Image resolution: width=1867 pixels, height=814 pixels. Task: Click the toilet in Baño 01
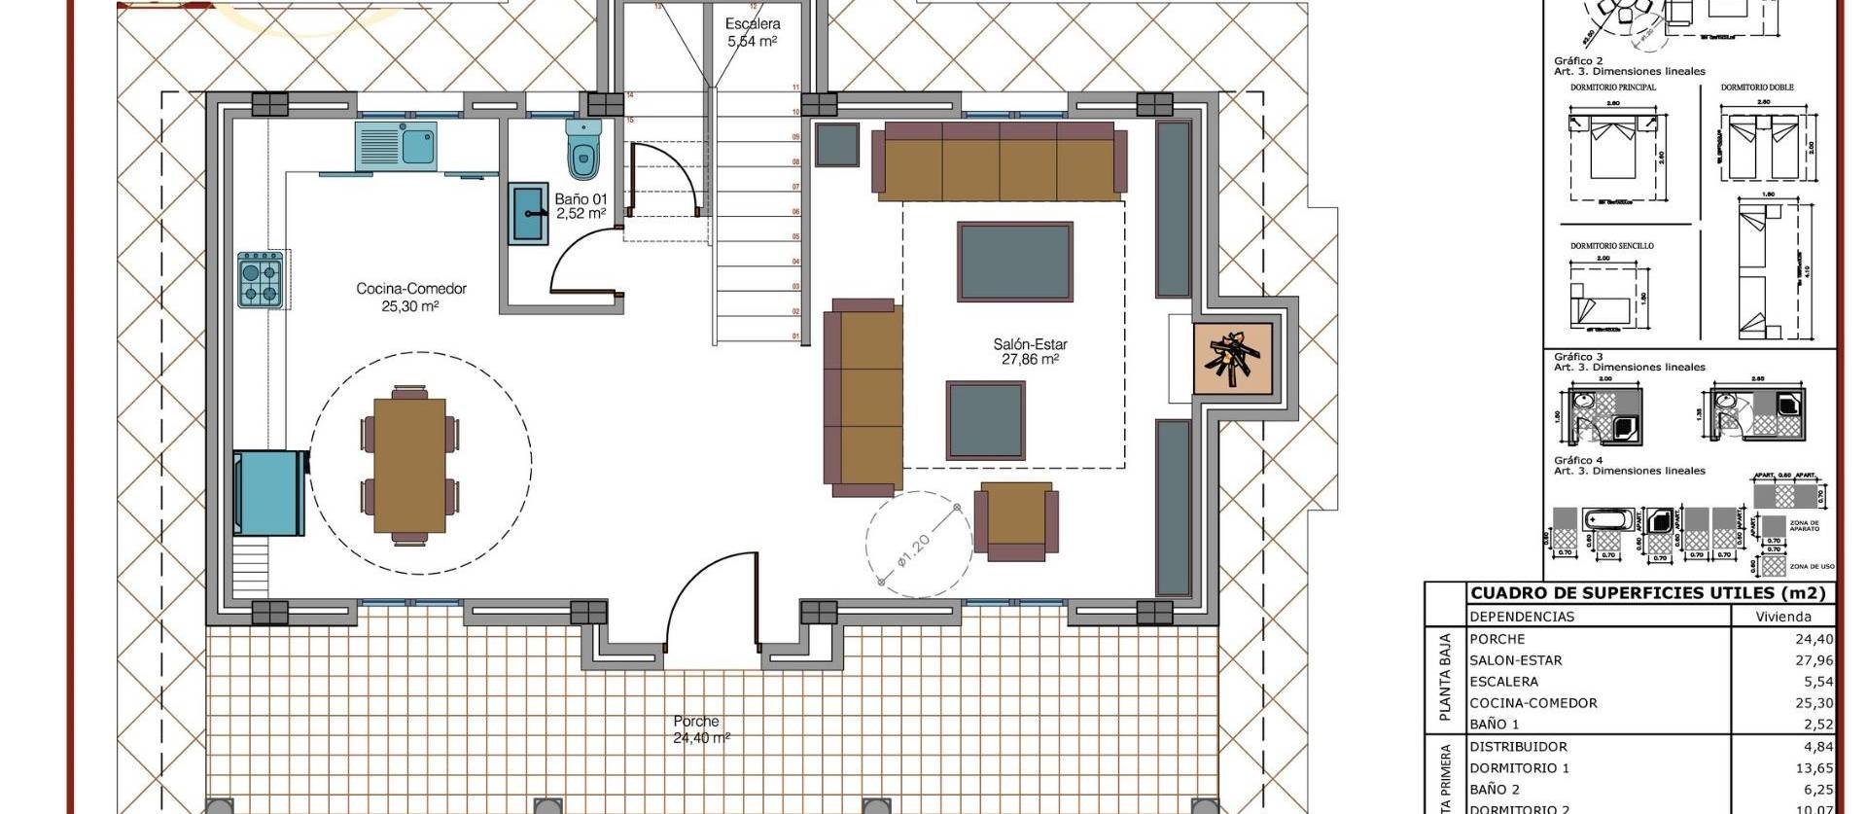583,152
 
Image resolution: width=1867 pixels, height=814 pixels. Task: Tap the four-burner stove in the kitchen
261,280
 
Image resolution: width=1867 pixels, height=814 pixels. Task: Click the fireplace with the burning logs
1232,359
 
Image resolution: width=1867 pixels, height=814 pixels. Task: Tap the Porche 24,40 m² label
700,729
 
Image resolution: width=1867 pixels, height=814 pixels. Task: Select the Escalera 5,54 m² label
753,32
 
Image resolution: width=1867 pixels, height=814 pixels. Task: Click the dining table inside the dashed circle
409,465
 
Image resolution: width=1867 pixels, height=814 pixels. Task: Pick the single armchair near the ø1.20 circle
1016,519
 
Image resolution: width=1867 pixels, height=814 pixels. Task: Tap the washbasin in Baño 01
529,213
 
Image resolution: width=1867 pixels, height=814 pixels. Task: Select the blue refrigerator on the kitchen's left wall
269,492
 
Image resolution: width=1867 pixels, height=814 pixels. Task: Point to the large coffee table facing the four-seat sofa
1014,262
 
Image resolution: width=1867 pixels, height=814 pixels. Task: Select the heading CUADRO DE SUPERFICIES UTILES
1647,593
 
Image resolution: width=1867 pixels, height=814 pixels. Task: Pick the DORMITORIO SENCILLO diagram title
1611,246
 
